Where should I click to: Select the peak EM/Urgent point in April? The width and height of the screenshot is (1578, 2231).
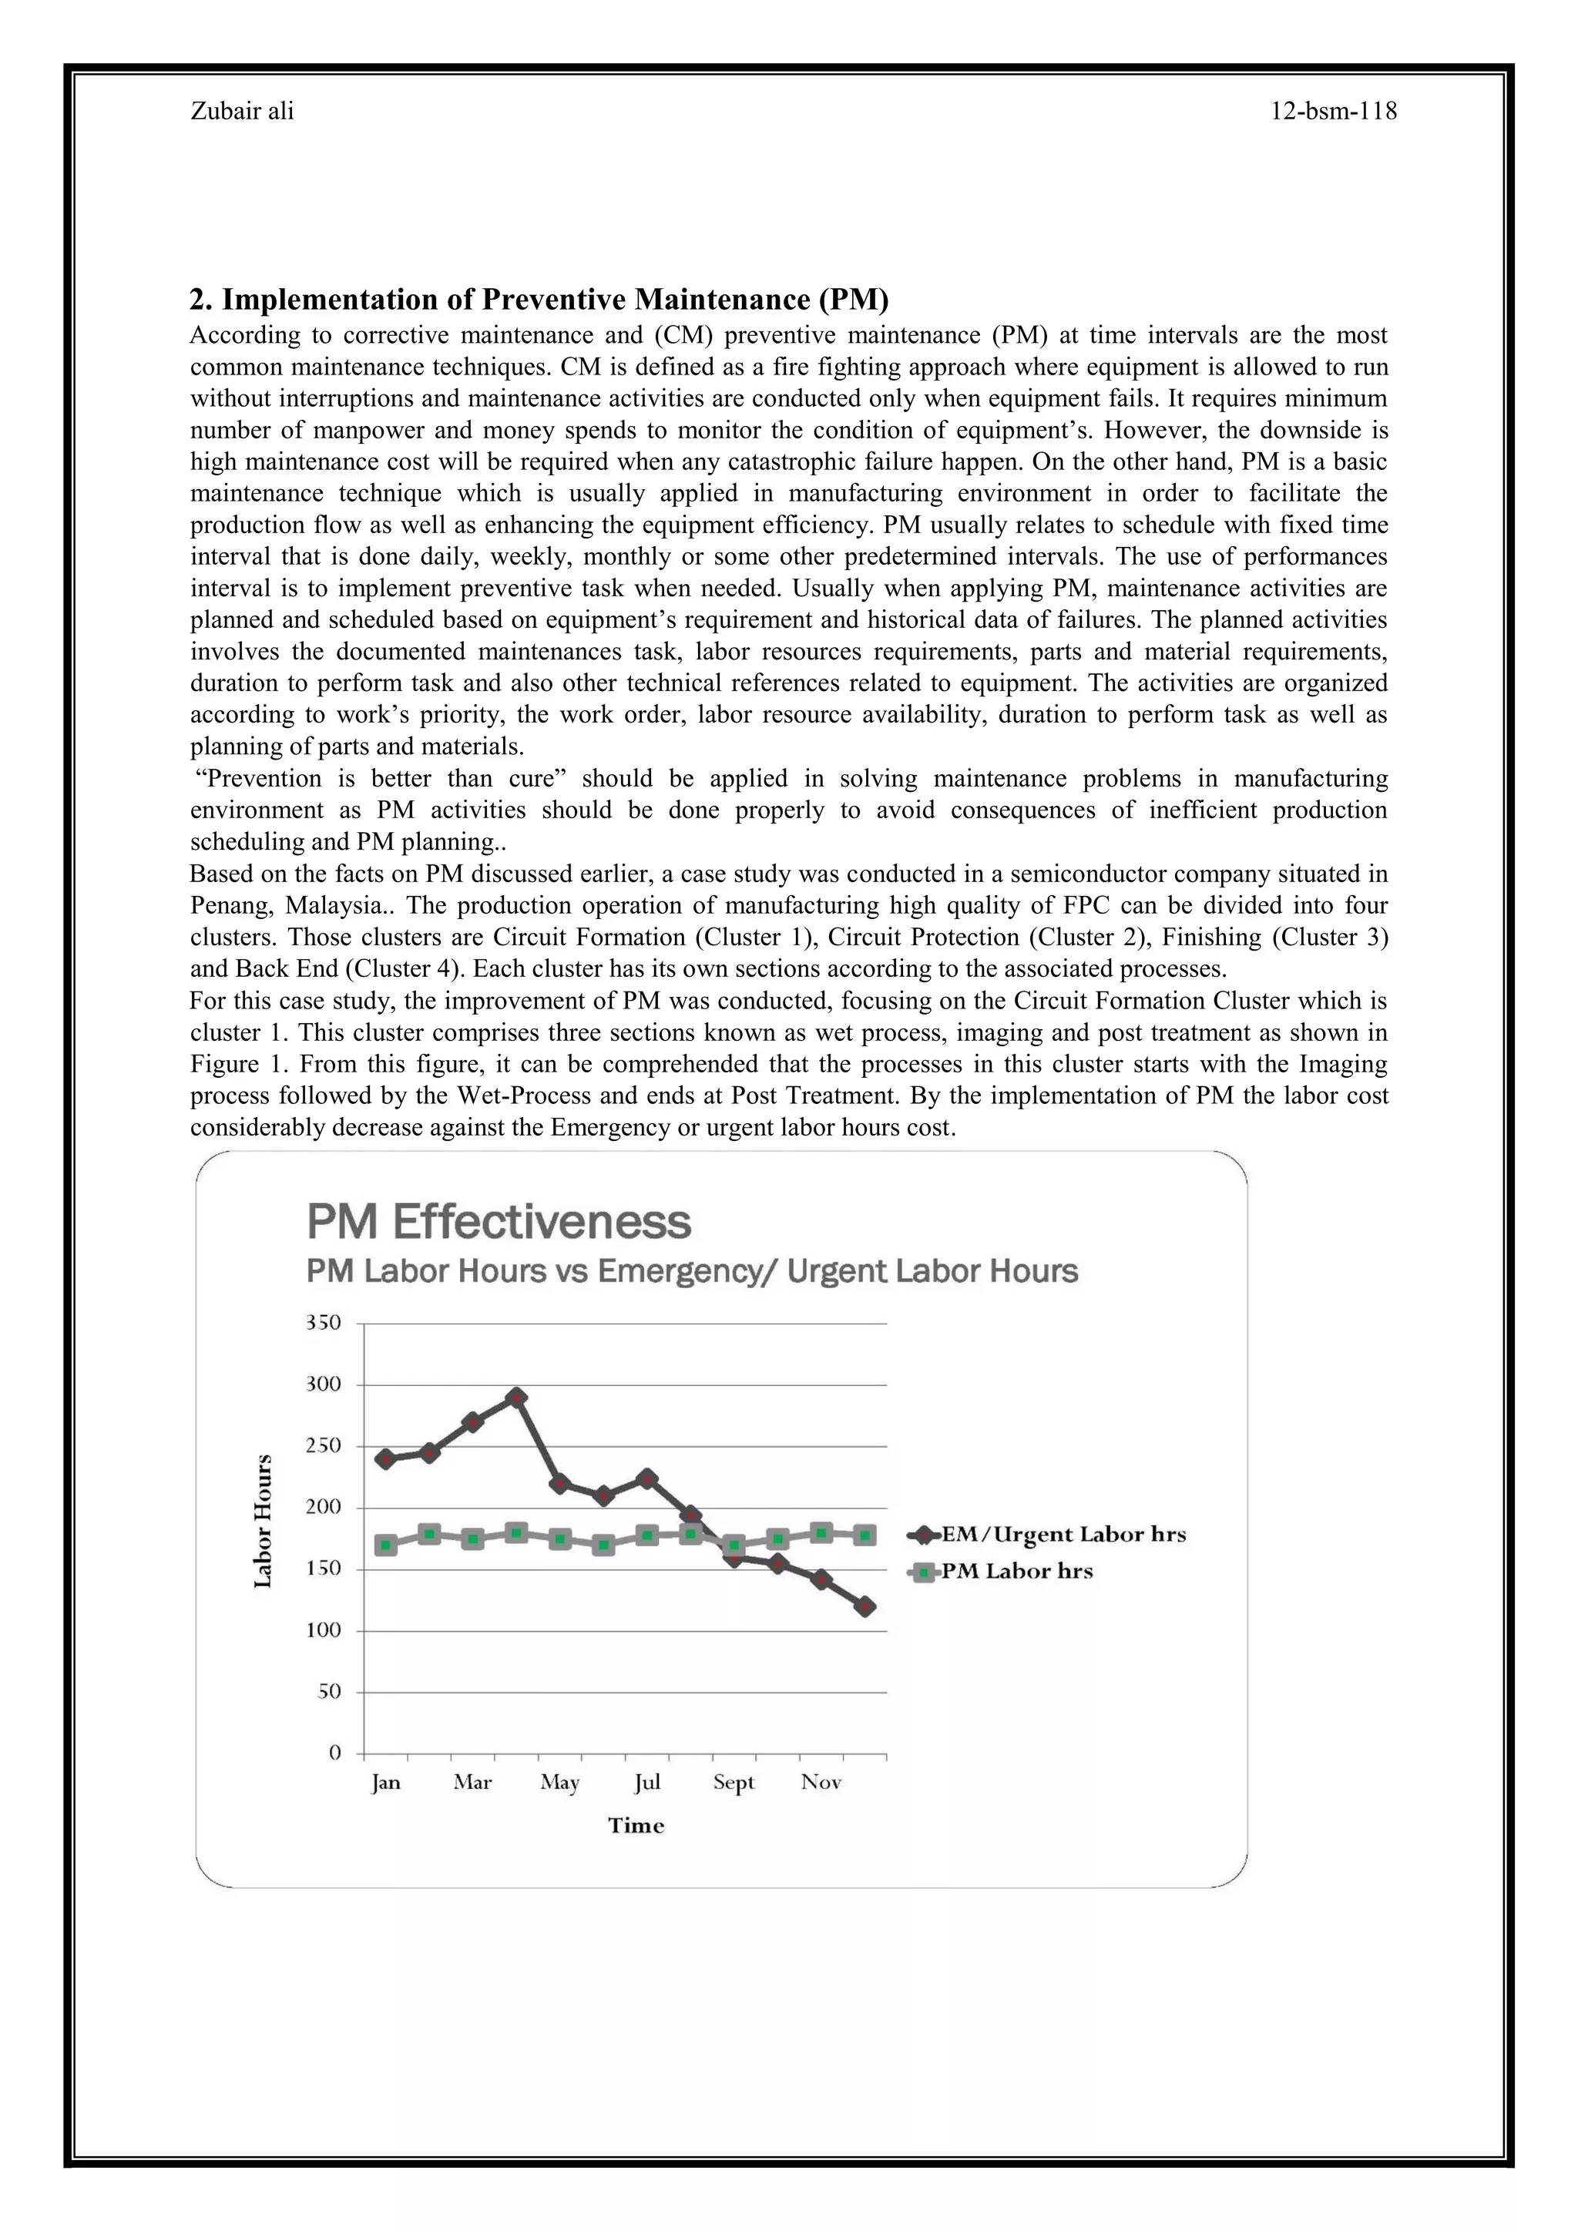pos(517,1397)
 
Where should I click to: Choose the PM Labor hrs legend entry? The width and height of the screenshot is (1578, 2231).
pos(1016,1572)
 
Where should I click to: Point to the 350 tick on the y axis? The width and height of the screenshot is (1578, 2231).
pos(323,1323)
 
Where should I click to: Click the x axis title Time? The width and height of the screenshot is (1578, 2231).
pos(636,1826)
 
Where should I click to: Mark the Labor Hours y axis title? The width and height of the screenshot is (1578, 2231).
pos(262,1521)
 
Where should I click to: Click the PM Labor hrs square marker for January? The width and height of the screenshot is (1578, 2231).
pos(386,1544)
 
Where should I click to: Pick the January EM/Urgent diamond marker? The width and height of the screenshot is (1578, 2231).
pos(386,1458)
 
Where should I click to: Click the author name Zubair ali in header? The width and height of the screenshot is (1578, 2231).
pos(242,112)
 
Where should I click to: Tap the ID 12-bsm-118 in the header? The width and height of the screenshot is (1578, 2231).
pos(1333,112)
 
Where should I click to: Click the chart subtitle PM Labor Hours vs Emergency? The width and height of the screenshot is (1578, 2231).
pos(692,1271)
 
